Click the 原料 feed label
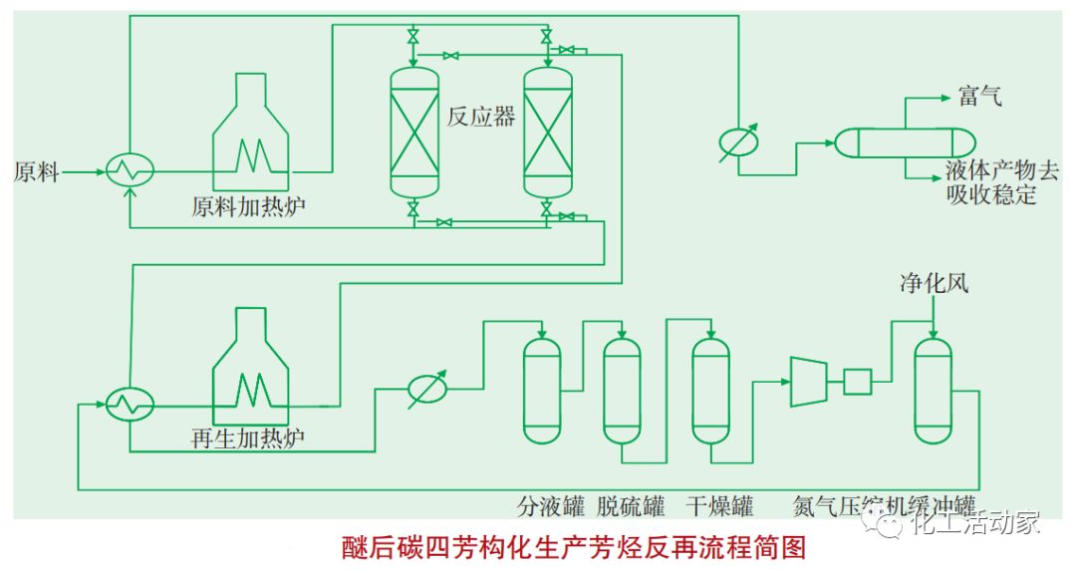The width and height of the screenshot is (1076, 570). pyautogui.click(x=37, y=172)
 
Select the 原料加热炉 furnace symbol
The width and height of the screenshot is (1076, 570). pyautogui.click(x=252, y=130)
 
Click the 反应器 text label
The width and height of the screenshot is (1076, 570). pyautogui.click(x=481, y=117)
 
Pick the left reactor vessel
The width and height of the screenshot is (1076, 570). pyautogui.click(x=413, y=132)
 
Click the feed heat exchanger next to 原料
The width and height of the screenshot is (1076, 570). pyautogui.click(x=130, y=171)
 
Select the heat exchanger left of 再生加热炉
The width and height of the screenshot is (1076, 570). pyautogui.click(x=130, y=404)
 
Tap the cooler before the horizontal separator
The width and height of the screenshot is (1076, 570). pyautogui.click(x=738, y=142)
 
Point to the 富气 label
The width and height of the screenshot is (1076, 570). pyautogui.click(x=980, y=97)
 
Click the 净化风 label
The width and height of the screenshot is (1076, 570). pyautogui.click(x=934, y=284)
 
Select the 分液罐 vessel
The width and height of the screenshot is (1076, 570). pyautogui.click(x=542, y=390)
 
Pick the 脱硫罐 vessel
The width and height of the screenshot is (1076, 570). pyautogui.click(x=622, y=390)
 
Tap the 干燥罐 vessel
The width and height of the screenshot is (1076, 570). pyautogui.click(x=710, y=390)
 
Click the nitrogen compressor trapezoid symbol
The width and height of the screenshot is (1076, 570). pyautogui.click(x=808, y=382)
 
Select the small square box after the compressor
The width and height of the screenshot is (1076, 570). pyautogui.click(x=857, y=381)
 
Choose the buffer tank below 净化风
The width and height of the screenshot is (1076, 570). pyautogui.click(x=934, y=390)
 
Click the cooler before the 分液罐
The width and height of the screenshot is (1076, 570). pyautogui.click(x=428, y=390)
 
